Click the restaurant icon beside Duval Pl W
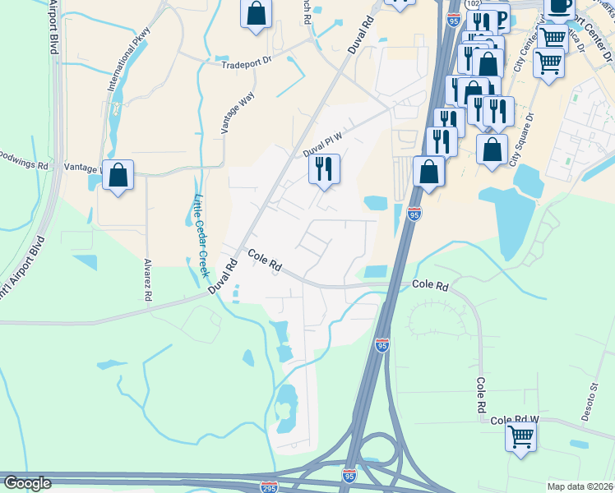click(324, 169)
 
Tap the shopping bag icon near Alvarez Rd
click(118, 175)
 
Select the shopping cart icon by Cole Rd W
click(520, 436)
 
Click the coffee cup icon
click(559, 5)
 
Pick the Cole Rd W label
click(514, 419)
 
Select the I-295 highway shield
click(268, 486)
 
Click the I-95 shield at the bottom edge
click(349, 475)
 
